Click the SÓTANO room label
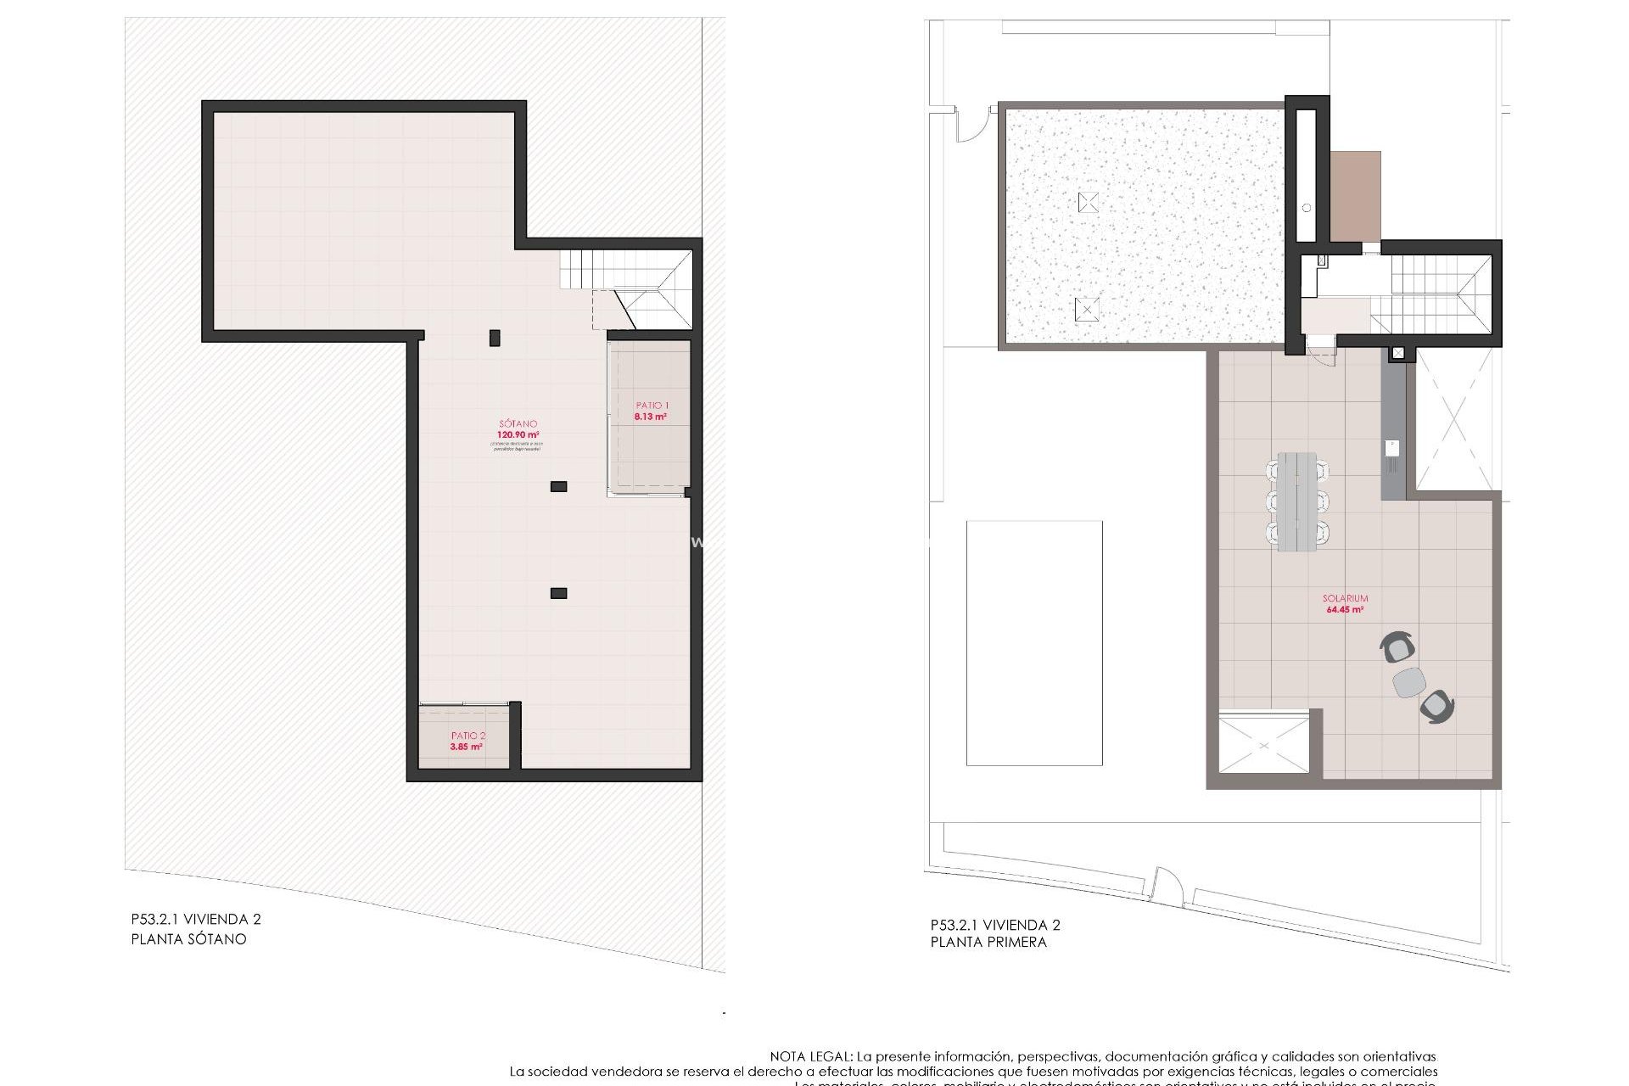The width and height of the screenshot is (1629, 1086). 518,423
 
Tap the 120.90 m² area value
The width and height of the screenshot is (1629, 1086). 518,435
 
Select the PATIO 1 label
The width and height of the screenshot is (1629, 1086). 652,406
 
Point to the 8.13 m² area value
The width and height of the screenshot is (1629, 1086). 651,417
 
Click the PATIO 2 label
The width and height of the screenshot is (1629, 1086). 468,736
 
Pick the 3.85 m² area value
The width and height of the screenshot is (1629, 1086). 467,747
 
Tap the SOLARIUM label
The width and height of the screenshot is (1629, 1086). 1345,598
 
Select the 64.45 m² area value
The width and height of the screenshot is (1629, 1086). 1345,610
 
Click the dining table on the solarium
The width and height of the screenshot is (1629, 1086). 1297,501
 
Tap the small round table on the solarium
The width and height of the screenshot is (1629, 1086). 1409,682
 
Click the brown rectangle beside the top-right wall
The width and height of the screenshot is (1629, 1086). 1355,196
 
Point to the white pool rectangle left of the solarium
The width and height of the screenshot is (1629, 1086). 1034,643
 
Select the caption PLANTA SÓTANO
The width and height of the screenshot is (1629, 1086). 188,939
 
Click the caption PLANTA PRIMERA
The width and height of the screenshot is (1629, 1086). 988,942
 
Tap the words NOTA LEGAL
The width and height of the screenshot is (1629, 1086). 810,1056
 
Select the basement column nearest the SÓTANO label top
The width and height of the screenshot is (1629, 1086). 495,339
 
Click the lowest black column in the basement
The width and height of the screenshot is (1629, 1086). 558,593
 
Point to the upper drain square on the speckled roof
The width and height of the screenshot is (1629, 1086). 1088,202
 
